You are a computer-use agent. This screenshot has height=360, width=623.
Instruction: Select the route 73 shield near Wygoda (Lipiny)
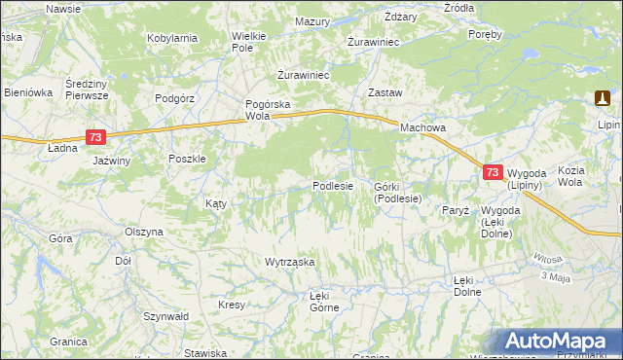493,172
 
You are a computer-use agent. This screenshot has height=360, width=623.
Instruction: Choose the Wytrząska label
290,262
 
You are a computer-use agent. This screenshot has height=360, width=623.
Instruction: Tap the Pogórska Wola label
269,109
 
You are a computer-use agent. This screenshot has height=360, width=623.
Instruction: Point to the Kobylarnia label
172,38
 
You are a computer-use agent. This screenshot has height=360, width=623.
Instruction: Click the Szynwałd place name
165,316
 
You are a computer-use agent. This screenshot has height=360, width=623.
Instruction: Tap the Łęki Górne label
324,301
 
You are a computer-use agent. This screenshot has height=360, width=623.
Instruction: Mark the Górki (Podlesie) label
397,192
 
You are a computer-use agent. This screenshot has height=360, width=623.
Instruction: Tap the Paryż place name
456,210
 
